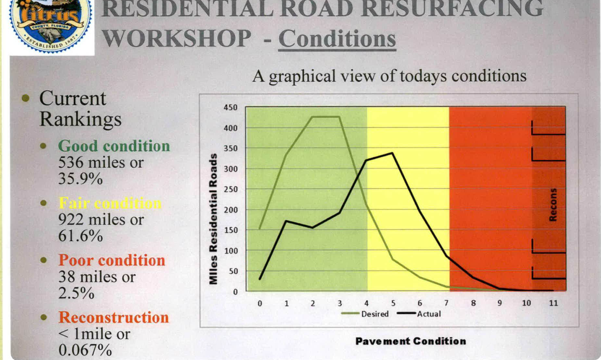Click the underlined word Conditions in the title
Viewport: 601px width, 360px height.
337,39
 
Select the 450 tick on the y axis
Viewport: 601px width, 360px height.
230,108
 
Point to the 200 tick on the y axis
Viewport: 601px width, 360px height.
230,210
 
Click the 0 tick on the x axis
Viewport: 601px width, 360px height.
260,303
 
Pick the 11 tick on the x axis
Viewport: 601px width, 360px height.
553,303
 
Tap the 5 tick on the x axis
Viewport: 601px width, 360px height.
393,303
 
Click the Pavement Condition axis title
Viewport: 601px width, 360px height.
411,341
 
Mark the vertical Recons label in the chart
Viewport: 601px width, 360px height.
553,205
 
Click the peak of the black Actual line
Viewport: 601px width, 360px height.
392,153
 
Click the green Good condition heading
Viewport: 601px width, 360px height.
114,146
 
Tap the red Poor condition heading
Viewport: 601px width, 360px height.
111,260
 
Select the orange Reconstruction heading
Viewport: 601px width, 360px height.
114,317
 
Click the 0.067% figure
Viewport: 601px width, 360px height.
85,350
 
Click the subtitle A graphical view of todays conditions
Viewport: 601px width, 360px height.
389,76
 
